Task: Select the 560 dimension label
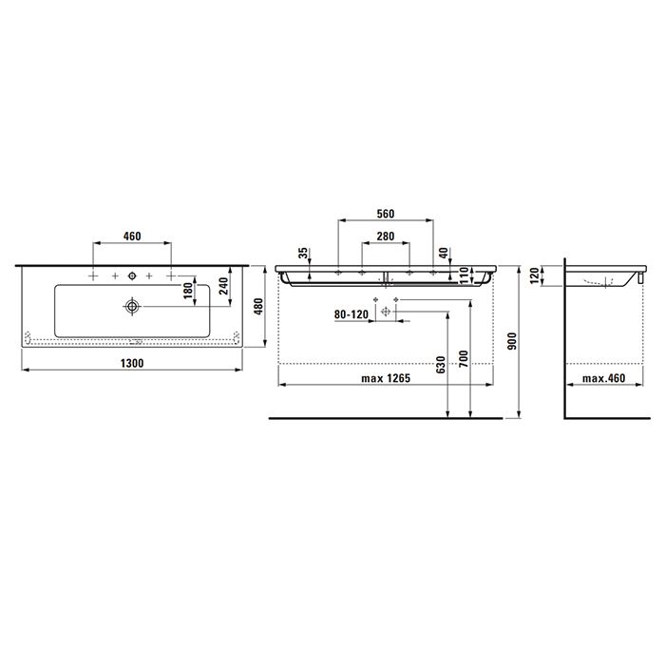coord(386,213)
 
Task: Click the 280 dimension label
coord(386,235)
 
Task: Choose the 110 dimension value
coord(465,275)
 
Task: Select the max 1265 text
coord(385,379)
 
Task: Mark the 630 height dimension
coord(441,365)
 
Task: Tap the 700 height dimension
coord(465,359)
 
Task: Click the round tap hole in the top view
coord(132,276)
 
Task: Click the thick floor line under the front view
coord(385,417)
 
